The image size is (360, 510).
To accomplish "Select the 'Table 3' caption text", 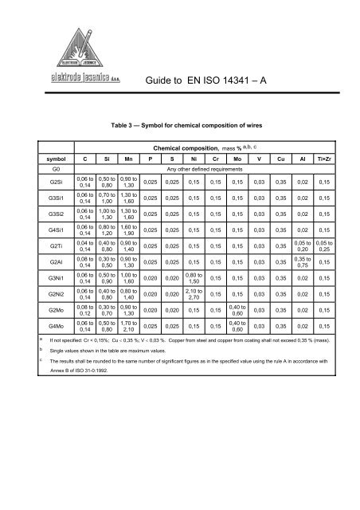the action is (x=190, y=125).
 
